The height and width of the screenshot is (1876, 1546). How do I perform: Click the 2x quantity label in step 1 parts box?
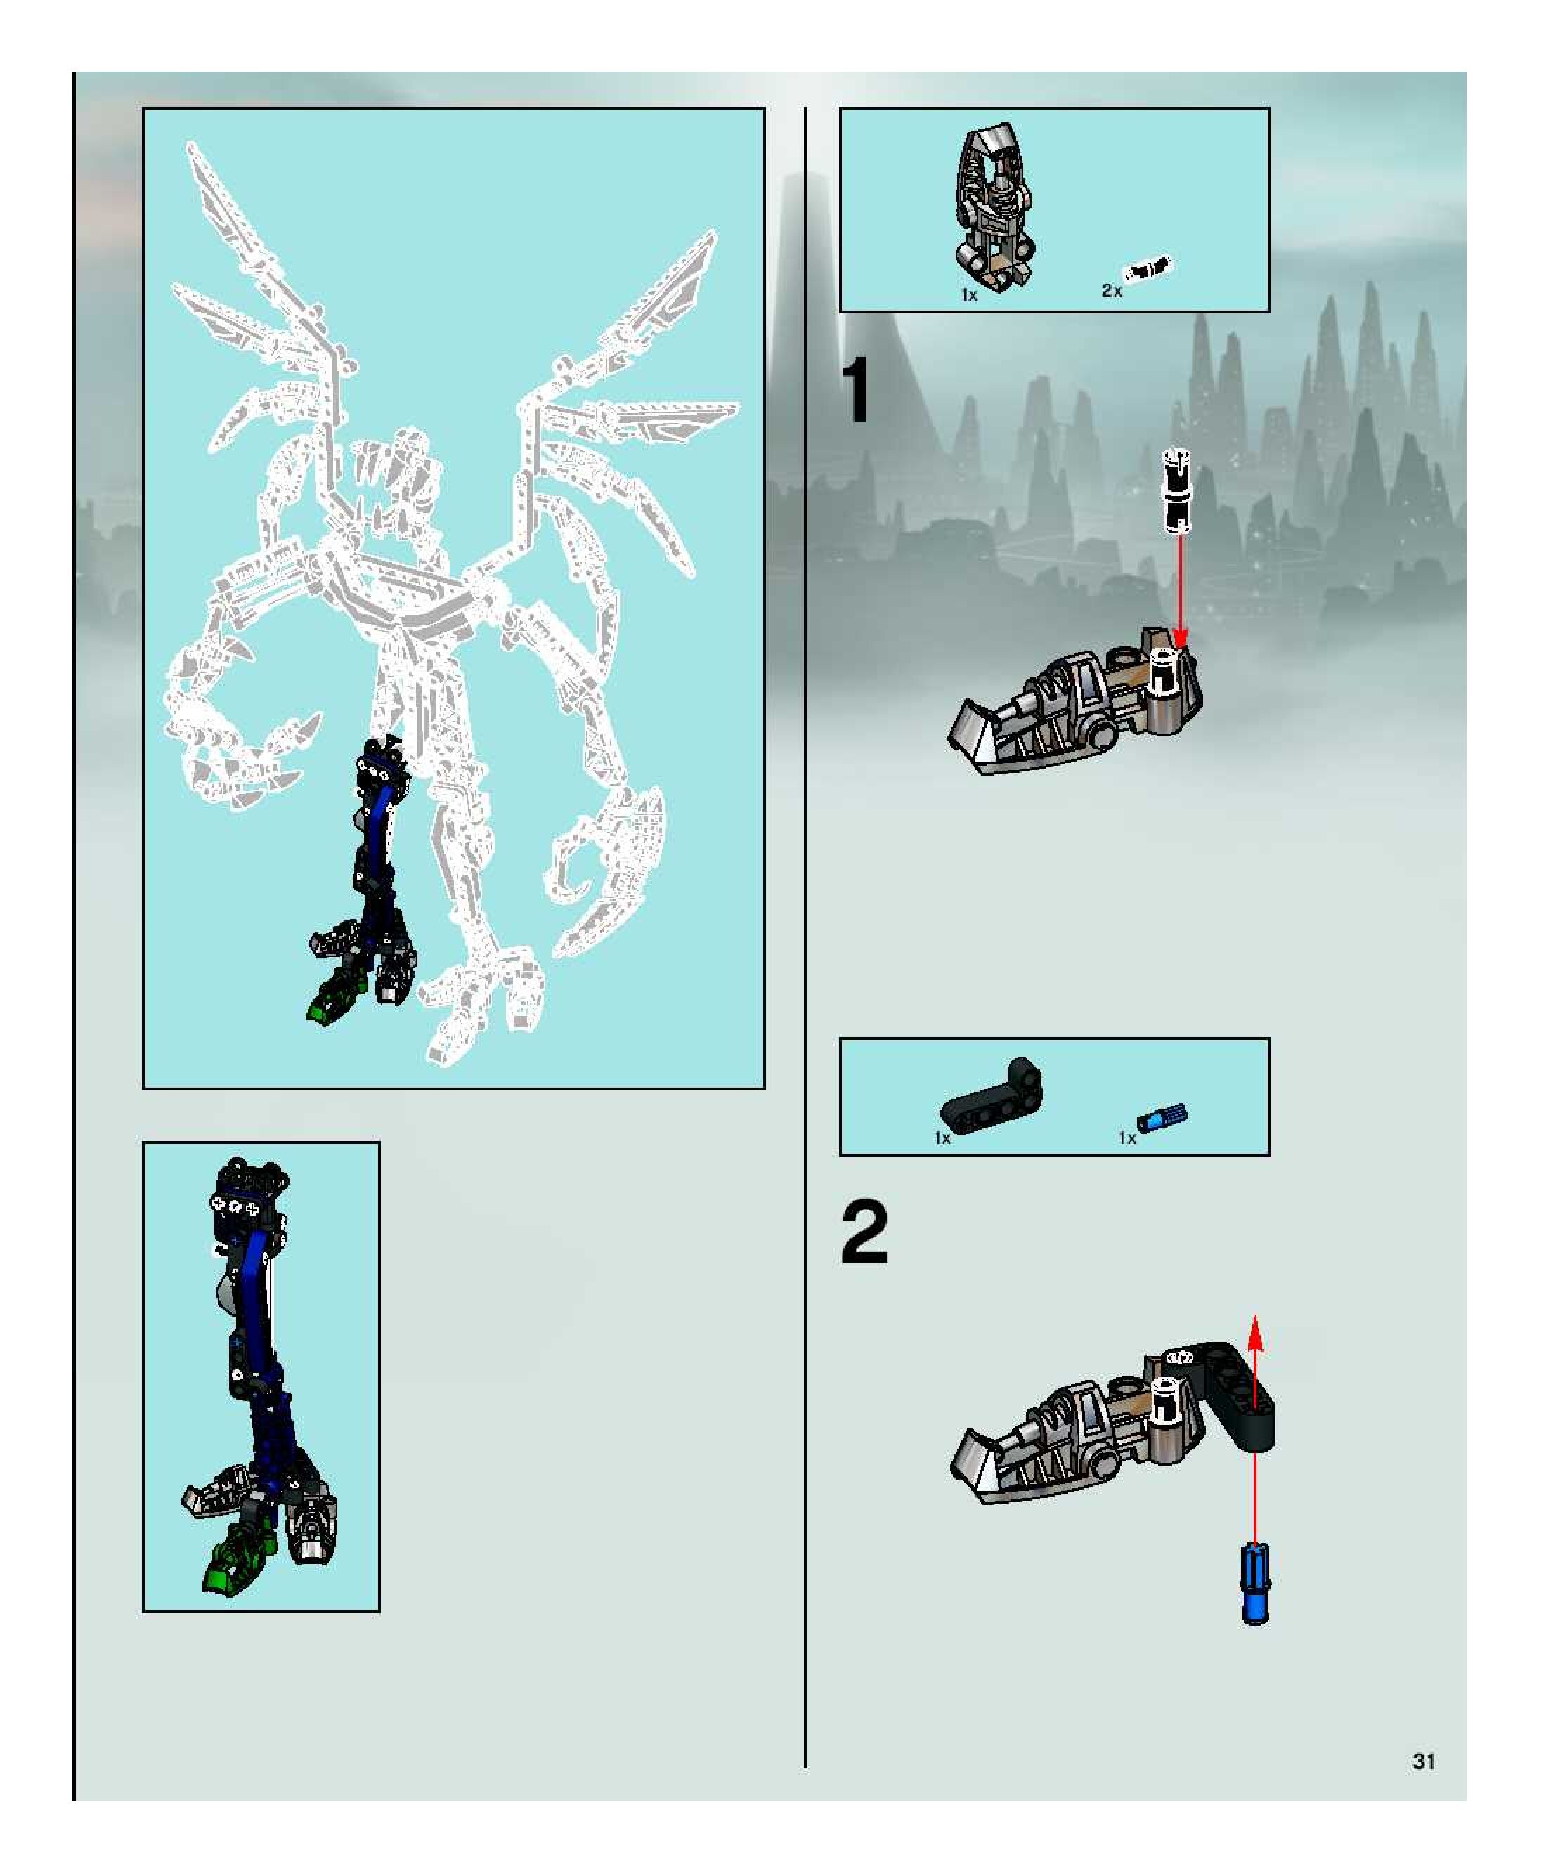coord(1112,290)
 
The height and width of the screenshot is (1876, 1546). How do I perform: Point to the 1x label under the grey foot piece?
coord(969,294)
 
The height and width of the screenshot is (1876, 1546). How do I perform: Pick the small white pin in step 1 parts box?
coord(1148,268)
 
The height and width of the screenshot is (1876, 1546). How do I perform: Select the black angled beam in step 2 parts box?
coord(990,1096)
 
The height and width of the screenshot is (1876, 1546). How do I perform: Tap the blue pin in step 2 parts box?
coord(1162,1117)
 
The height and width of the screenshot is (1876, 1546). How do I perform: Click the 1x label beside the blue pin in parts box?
coord(1126,1138)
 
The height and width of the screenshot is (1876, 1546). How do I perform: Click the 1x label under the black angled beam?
coord(943,1138)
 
